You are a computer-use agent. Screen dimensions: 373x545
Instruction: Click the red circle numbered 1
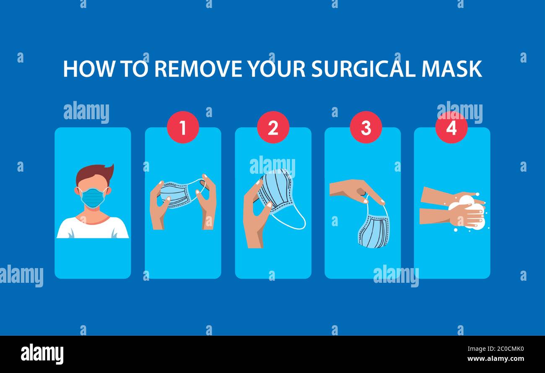click(183, 127)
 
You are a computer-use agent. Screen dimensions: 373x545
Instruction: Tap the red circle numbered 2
click(273, 127)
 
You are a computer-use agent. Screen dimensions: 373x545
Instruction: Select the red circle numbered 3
click(366, 127)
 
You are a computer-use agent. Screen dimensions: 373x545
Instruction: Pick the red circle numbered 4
click(451, 127)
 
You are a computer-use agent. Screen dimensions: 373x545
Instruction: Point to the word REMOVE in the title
click(198, 69)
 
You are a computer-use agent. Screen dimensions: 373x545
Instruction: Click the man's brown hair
click(94, 173)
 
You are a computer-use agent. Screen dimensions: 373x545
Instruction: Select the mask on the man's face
click(93, 198)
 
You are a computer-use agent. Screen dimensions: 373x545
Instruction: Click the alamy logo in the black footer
click(42, 354)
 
